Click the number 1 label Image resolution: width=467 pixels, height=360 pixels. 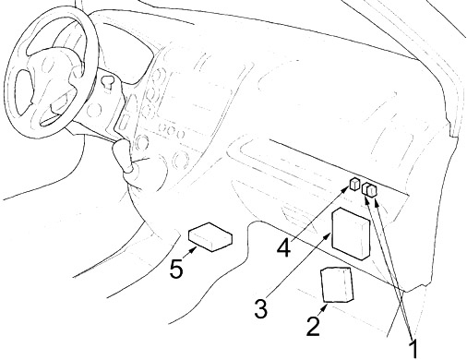tap(414, 349)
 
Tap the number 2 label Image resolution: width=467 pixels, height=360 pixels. tap(314, 326)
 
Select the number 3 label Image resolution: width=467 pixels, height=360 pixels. tap(261, 308)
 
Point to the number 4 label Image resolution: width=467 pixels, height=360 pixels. tap(283, 247)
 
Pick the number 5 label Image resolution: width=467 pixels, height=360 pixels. tap(176, 270)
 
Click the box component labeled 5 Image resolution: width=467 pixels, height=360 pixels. tap(210, 237)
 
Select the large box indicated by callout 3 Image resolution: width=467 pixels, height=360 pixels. tap(351, 233)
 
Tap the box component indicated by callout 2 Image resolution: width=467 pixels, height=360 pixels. tap(337, 284)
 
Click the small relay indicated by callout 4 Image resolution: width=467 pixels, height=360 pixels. tap(355, 184)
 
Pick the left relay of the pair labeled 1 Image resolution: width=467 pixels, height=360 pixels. tap(366, 189)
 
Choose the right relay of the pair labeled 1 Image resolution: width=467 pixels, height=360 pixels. tap(373, 190)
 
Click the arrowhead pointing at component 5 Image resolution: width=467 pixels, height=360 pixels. tap(192, 250)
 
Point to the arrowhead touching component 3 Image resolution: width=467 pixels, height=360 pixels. tap(328, 236)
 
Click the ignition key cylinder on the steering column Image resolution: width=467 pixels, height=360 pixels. tap(107, 81)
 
